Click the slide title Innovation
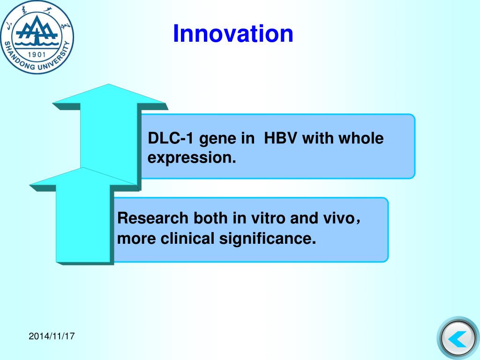click(x=233, y=33)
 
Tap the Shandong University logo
click(x=37, y=37)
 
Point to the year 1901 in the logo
click(x=37, y=54)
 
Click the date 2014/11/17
click(x=52, y=336)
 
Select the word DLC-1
click(x=171, y=138)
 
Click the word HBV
click(x=280, y=138)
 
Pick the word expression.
click(x=192, y=158)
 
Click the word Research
click(x=153, y=218)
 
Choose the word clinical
click(x=187, y=239)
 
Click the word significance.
click(x=267, y=239)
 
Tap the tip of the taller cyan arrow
click(x=108, y=84)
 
